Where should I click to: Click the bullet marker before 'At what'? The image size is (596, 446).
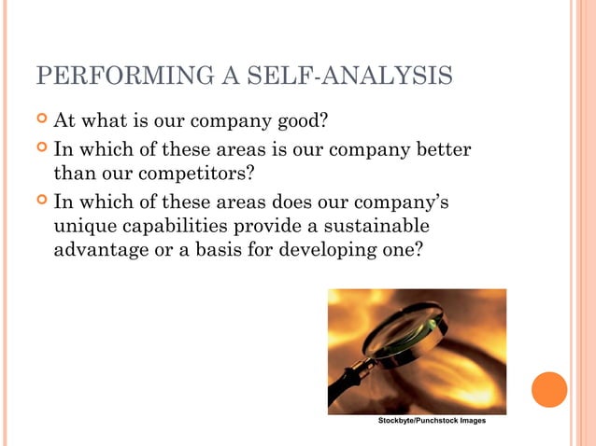click(40, 121)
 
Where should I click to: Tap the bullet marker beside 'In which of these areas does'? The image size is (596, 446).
click(40, 202)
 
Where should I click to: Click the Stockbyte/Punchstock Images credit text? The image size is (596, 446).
click(431, 422)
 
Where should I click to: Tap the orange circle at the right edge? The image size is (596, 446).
click(549, 389)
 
